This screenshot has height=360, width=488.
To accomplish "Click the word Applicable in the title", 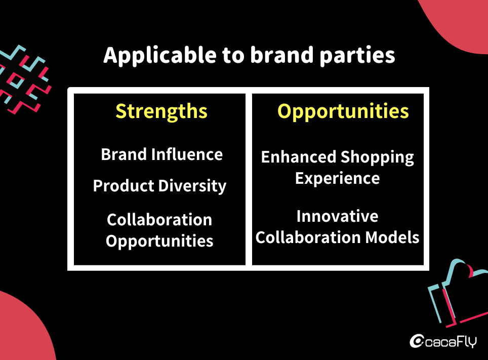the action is point(160,55).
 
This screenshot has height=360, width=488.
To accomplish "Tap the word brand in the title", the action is point(282,55).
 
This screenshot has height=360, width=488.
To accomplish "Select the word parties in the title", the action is point(357,55).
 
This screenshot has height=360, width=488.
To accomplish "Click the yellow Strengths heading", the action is point(161,111).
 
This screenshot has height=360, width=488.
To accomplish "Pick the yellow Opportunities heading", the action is point(343,111).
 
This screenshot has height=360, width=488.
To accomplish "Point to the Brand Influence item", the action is point(162,154).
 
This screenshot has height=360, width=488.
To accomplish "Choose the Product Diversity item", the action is point(159,186).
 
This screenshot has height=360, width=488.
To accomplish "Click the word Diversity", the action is point(192,186).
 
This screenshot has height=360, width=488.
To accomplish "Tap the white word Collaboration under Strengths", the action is point(159,220).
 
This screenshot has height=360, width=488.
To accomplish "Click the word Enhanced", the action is point(299,156).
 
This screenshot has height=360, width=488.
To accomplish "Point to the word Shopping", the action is point(377,157).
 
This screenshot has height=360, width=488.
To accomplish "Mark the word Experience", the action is point(337,178).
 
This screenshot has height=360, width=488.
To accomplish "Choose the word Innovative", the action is point(337,216).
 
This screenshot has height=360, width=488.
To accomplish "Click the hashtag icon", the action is point(24,79).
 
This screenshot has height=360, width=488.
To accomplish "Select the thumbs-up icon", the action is point(458,293).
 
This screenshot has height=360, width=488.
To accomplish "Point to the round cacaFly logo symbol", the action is point(417,341).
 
